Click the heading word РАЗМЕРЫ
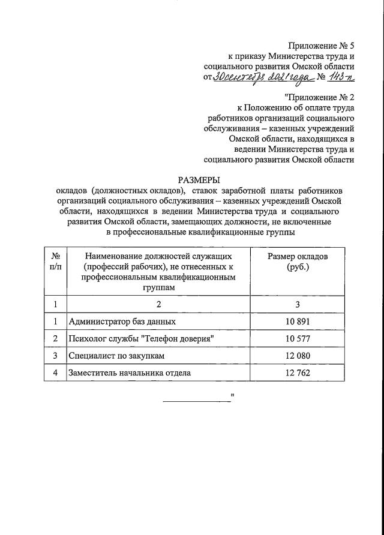199,179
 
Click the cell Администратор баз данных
122,321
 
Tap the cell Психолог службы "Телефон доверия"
142,339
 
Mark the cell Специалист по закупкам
116,356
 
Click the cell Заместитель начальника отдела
130,373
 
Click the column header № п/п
55,262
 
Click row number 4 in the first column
55,373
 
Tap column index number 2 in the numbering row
158,304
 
